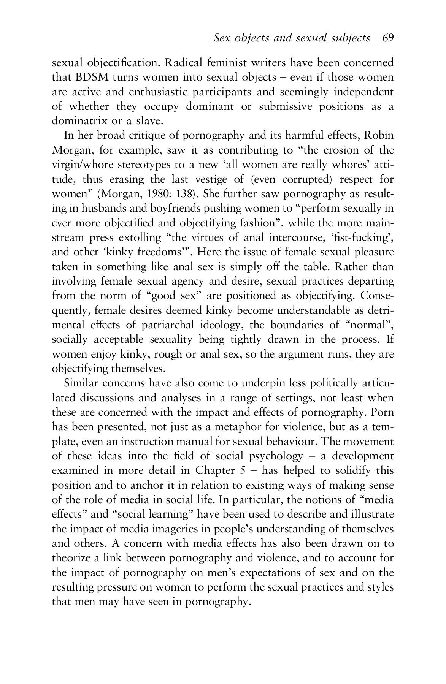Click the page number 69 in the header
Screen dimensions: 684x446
388,38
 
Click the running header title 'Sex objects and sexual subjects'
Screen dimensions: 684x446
292,38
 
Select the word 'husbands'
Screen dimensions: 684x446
94,209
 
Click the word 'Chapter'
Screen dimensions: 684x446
214,471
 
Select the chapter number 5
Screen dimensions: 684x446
242,471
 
